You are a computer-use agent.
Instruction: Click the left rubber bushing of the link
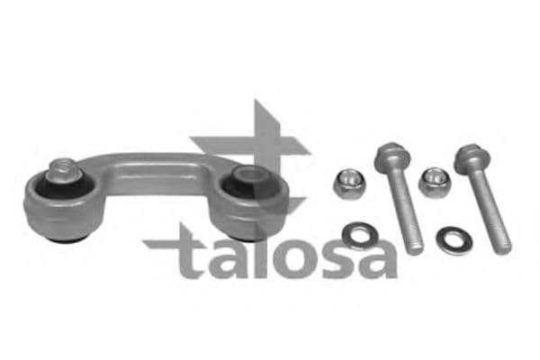[63, 202]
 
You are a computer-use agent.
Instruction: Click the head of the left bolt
[389, 153]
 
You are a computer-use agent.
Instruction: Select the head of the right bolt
[468, 156]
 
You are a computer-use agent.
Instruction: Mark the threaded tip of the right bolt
[499, 241]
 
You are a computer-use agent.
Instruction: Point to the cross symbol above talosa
[249, 144]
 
